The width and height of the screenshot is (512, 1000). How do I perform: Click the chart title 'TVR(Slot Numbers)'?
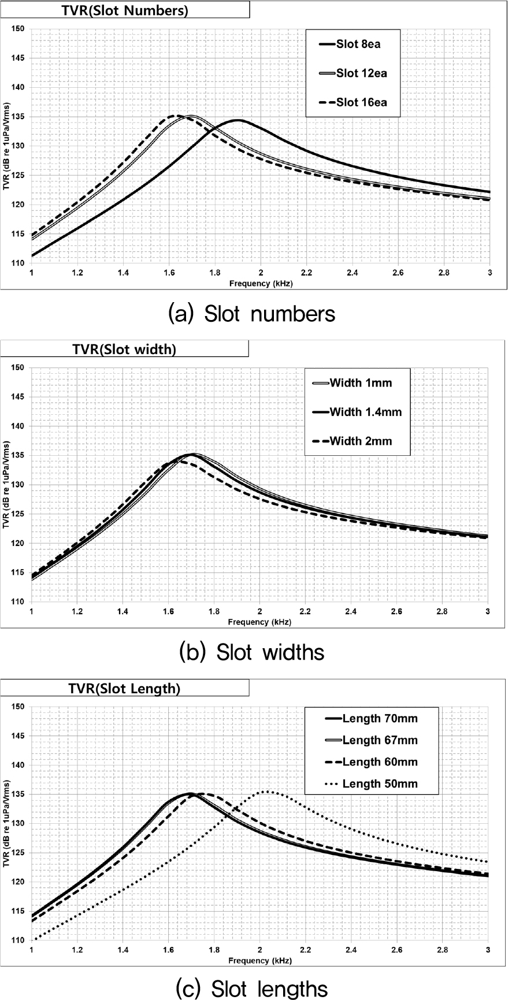tap(125, 10)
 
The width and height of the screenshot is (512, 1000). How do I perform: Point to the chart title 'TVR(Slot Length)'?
tap(124, 689)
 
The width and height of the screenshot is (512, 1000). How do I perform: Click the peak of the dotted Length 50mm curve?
tap(265, 791)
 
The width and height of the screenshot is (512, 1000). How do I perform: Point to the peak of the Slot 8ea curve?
tap(237, 120)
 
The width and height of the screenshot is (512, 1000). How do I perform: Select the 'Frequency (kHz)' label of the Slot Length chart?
tap(259, 961)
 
